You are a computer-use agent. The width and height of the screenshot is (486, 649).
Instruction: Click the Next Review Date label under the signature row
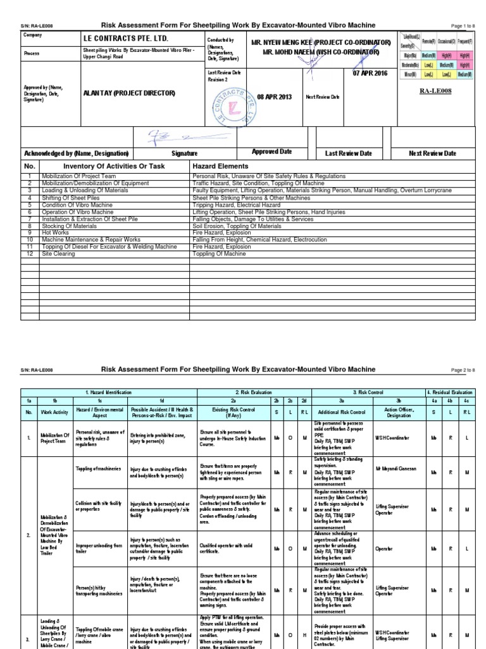coord(432,153)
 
